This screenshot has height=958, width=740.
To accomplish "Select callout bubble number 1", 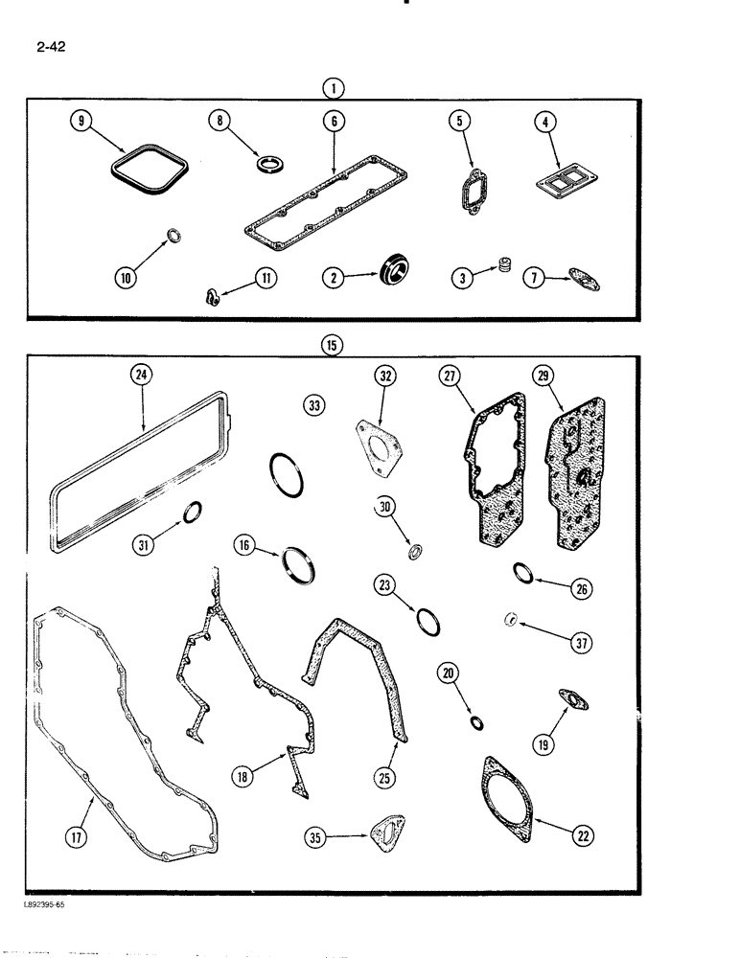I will (333, 88).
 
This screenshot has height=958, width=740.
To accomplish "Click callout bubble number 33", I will (312, 405).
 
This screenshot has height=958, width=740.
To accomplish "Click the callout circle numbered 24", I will (141, 377).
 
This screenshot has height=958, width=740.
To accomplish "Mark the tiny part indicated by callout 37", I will (513, 620).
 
